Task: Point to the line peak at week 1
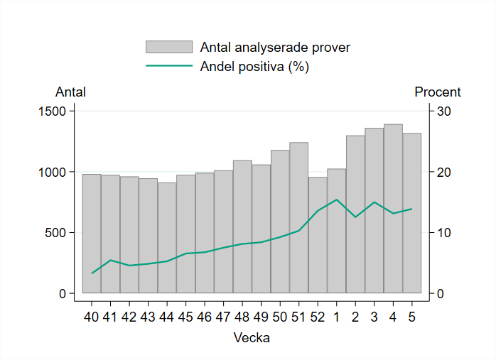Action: tap(337, 200)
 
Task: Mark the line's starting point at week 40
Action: tap(92, 273)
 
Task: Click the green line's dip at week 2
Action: tap(355, 217)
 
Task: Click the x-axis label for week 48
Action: tap(242, 316)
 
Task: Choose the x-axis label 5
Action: tap(412, 316)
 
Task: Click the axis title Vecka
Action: tap(252, 338)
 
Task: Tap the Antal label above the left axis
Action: tap(70, 92)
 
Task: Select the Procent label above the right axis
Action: tap(437, 92)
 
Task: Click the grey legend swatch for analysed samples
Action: tap(169, 47)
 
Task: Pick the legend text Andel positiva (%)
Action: tap(254, 66)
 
